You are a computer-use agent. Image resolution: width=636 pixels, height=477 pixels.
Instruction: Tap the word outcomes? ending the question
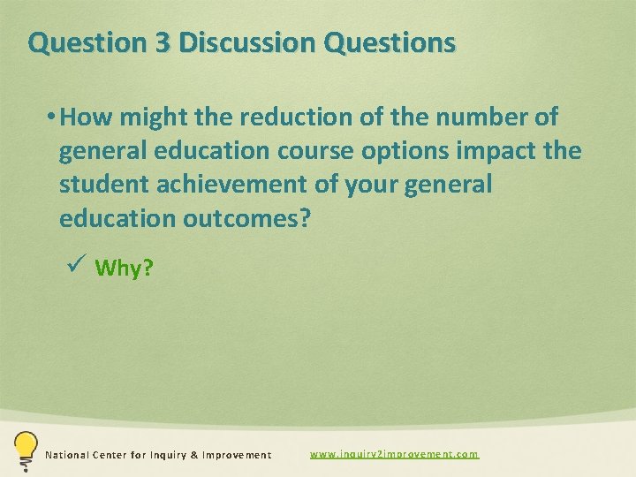(247, 219)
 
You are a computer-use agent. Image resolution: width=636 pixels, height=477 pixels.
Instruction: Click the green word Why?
(124, 268)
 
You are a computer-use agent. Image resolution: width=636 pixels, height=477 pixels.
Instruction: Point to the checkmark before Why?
(75, 264)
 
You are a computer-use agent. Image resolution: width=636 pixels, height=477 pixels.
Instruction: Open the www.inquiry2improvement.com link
(394, 454)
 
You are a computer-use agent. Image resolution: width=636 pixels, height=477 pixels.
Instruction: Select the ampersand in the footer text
(194, 455)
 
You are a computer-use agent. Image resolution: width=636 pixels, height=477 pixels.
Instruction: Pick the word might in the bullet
(146, 117)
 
